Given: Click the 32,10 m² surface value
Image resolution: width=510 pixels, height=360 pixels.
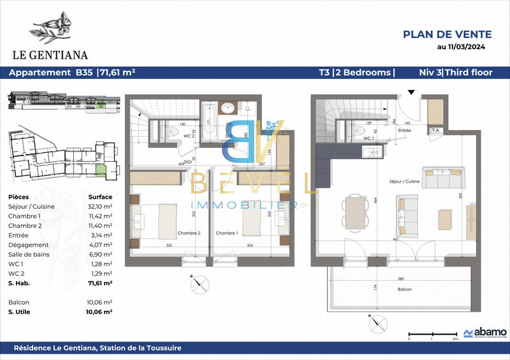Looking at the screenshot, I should point(99,206).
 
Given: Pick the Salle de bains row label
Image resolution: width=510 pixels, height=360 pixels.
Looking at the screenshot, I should point(30,254).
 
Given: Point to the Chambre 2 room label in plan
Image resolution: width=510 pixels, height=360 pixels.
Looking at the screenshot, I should point(189,233).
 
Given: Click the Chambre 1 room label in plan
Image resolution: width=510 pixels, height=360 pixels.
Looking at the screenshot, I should point(226,233).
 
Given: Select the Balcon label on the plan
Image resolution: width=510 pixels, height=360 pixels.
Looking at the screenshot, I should point(403,289).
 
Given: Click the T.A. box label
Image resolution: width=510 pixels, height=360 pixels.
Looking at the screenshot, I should point(436,130).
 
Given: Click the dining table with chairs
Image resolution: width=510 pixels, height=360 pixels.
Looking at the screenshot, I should point(354,212).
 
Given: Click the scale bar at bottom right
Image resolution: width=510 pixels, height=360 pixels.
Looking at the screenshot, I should point(432,334).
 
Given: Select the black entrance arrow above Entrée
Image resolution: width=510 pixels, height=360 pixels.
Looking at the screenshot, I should point(412,93).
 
